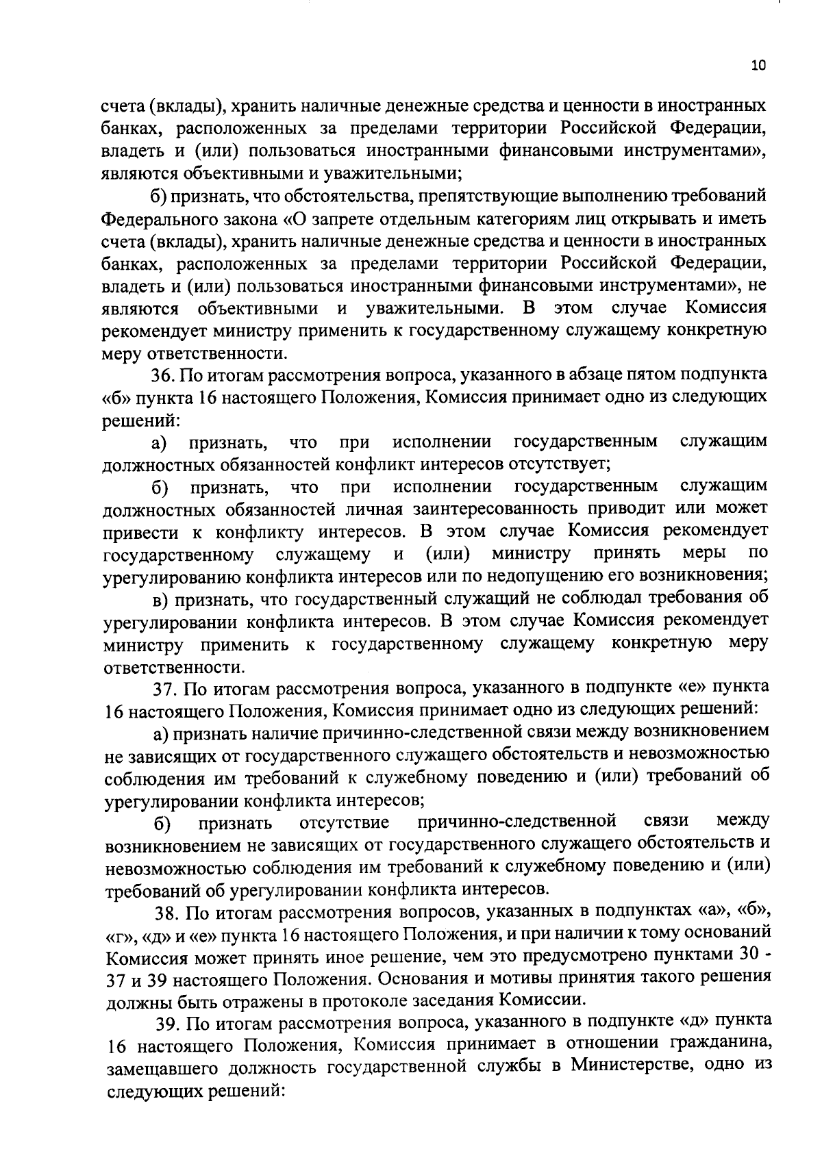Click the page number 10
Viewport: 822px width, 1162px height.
tap(758, 66)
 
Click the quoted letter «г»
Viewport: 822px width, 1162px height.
tap(118, 935)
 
